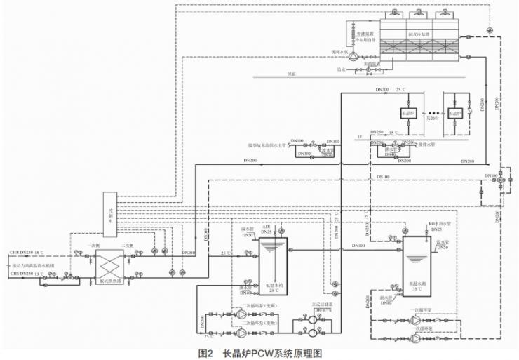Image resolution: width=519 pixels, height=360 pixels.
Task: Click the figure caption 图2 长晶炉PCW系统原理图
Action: (x=259, y=353)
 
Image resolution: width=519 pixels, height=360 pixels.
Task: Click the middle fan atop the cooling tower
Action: (x=419, y=13)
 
